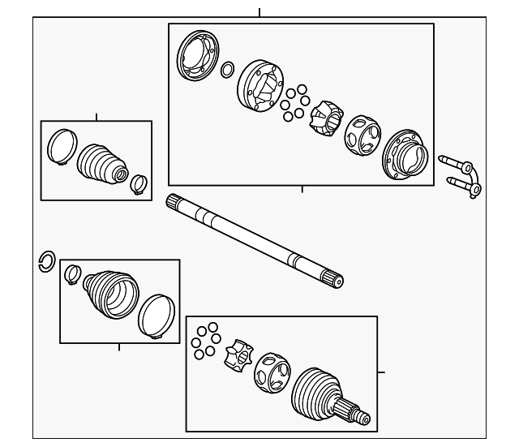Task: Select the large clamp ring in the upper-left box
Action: pyautogui.click(x=60, y=147)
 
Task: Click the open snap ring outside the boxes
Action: pyautogui.click(x=46, y=262)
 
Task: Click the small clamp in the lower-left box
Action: pyautogui.click(x=72, y=275)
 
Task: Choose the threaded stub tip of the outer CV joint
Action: pyautogui.click(x=361, y=418)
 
